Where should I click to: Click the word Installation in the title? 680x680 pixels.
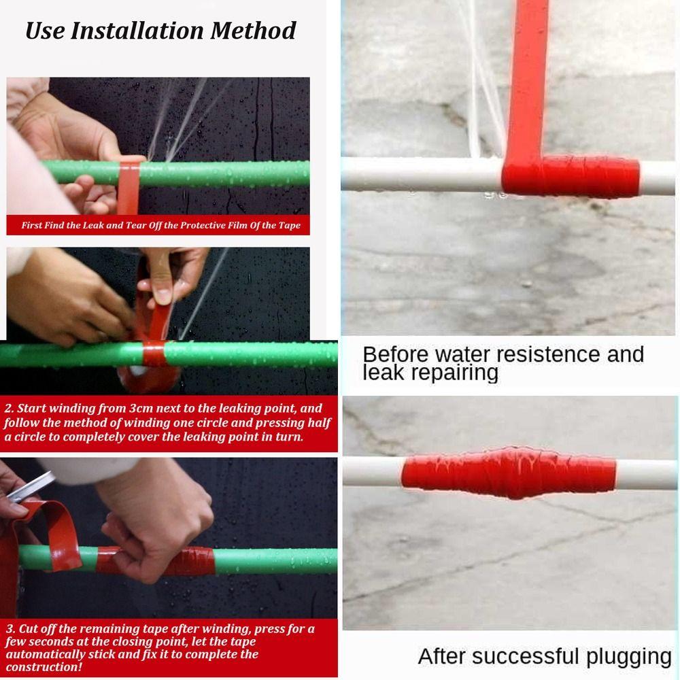pos(137,31)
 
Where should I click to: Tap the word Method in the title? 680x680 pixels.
pos(253,31)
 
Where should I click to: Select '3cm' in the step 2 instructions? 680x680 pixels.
pos(141,409)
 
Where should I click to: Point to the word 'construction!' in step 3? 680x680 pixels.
pos(44,666)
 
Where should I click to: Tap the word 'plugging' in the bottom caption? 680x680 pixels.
pos(629,658)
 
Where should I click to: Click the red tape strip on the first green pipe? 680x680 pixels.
pos(129,186)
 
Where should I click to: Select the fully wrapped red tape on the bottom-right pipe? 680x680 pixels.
pos(509,473)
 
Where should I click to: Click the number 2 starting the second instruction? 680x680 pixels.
pos(9,409)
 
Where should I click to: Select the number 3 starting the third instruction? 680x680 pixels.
pos(10,629)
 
